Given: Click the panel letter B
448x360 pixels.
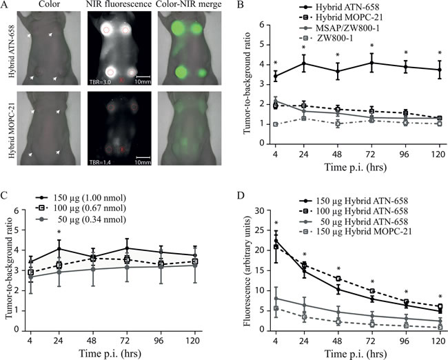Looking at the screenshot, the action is tap(241, 5).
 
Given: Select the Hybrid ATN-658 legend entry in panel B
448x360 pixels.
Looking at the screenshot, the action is tap(339, 7).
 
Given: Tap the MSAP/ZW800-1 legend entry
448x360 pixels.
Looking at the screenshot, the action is tap(339, 28).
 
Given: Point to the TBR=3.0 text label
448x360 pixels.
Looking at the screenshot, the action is tap(100, 82).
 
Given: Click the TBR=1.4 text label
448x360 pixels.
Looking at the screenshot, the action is tap(100, 163).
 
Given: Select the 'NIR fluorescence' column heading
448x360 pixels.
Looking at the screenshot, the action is tap(119, 4).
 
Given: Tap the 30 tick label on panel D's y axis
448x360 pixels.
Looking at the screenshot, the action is tap(259, 210).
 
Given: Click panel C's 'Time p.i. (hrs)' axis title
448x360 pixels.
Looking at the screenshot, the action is tap(110, 353).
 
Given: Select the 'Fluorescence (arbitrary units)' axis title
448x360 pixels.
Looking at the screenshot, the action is tap(247, 271).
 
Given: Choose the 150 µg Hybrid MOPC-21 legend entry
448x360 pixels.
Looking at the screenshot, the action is tap(356, 232).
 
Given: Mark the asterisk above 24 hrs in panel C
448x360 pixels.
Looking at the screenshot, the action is tap(59, 232).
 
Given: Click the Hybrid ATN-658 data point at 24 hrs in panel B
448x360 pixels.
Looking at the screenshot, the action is tap(304, 63).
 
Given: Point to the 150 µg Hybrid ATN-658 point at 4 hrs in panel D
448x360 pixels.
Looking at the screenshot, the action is tap(276, 241).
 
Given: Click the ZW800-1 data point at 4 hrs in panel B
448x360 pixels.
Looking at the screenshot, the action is tap(276, 124).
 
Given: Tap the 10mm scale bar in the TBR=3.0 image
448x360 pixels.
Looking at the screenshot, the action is tap(143, 77).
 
